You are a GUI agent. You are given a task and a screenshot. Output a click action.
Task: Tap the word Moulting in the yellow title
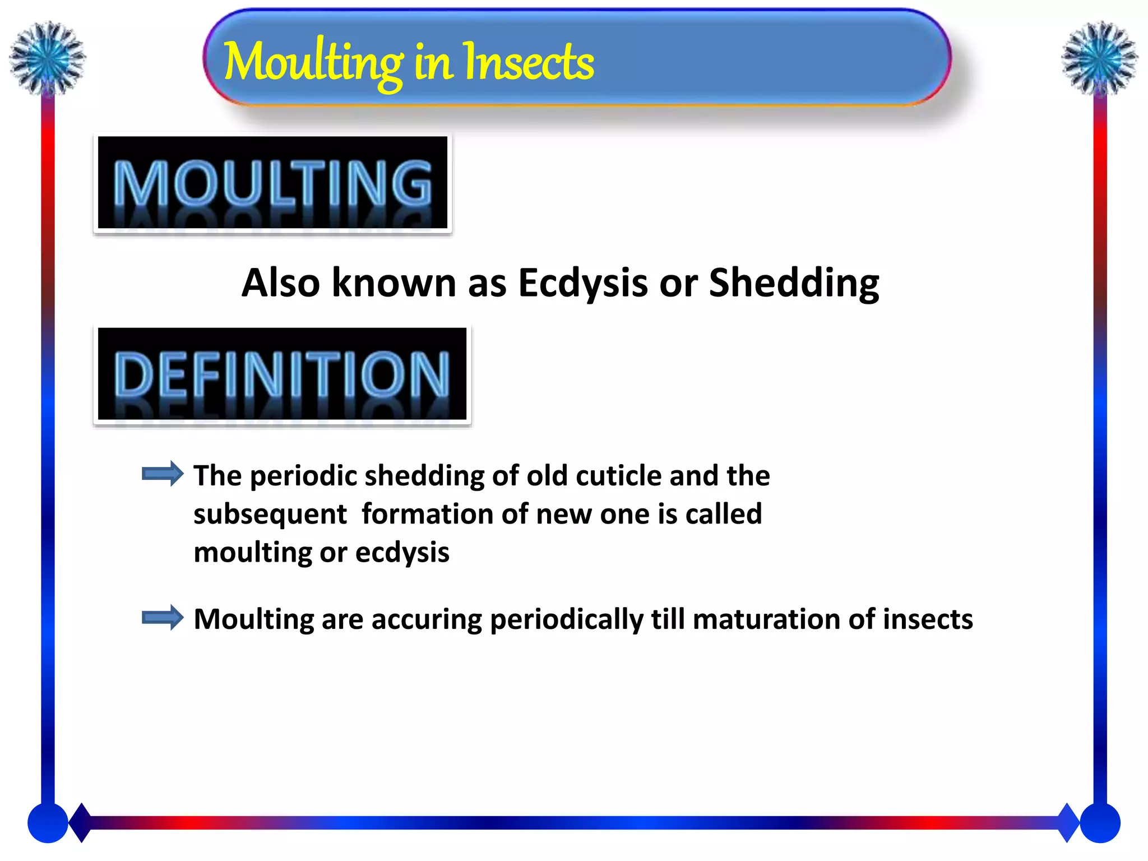[313, 63]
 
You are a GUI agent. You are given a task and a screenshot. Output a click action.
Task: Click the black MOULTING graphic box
[272, 183]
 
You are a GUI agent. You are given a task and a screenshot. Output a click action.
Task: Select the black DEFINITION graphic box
[282, 374]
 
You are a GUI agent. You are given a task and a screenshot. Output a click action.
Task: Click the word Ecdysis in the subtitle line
[582, 283]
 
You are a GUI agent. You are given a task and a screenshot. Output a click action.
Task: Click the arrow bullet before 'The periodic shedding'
[163, 474]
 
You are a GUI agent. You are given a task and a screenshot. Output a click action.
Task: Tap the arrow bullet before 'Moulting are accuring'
[163, 618]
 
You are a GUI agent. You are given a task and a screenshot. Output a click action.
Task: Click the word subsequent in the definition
[270, 515]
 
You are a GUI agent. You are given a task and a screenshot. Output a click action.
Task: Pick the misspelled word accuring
[426, 619]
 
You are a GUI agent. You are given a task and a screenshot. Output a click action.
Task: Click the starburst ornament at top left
[48, 58]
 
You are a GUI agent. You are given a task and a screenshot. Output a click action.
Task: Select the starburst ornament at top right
[1099, 58]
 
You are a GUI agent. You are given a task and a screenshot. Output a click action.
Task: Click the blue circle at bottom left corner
[48, 823]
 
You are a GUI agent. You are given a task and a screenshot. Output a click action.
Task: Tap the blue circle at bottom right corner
[1100, 823]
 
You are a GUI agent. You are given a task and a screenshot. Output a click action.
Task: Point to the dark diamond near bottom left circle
[81, 822]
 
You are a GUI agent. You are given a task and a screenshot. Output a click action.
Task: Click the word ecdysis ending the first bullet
[402, 553]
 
